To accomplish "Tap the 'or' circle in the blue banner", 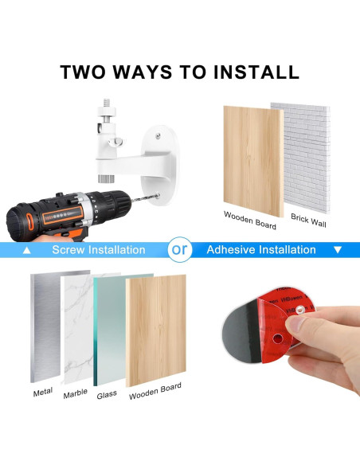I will (x=180, y=250).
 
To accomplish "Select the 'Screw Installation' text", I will (x=99, y=250).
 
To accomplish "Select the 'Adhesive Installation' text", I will (x=261, y=250).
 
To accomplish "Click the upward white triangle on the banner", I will (x=28, y=250).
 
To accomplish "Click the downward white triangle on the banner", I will (x=337, y=250).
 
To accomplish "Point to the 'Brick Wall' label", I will (x=308, y=221).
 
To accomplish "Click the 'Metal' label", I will (x=43, y=393).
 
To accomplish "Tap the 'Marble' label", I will (x=75, y=393).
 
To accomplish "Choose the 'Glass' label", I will (x=107, y=394).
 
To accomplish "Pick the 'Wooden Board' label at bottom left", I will (x=155, y=390).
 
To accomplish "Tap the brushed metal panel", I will (x=45, y=326).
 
